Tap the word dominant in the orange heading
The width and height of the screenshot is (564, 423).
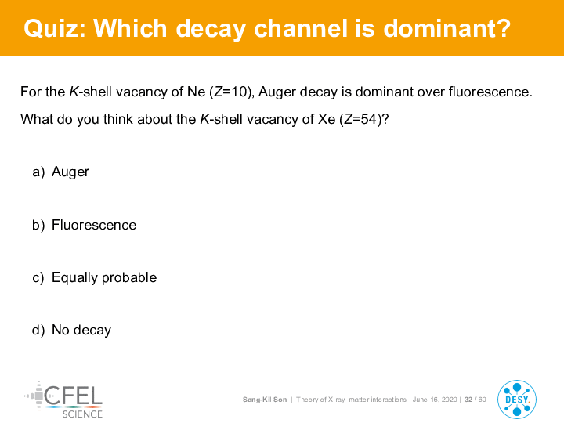point(446,28)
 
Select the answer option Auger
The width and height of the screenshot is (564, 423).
point(70,172)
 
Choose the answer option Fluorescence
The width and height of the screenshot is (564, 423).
point(94,225)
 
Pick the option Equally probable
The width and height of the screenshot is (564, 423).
point(104,277)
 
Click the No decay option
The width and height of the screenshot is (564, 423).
point(81,331)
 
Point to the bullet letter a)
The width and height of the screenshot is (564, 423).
point(38,172)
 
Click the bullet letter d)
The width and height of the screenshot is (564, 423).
point(38,331)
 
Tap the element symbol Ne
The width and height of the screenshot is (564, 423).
point(196,92)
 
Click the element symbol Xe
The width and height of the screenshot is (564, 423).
point(327,119)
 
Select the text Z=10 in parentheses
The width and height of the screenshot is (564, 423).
point(232,92)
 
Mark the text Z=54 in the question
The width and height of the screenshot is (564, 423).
point(361,119)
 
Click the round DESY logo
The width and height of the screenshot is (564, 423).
point(517,399)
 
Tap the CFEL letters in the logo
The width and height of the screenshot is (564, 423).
point(73,396)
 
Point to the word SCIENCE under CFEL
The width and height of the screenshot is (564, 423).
point(82,414)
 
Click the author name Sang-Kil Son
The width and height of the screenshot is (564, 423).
point(265,399)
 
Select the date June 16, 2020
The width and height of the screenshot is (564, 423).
point(435,399)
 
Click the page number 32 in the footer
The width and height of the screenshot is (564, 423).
point(468,399)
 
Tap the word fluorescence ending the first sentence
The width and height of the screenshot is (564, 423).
point(490,92)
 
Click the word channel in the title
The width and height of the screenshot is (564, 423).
point(301,28)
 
